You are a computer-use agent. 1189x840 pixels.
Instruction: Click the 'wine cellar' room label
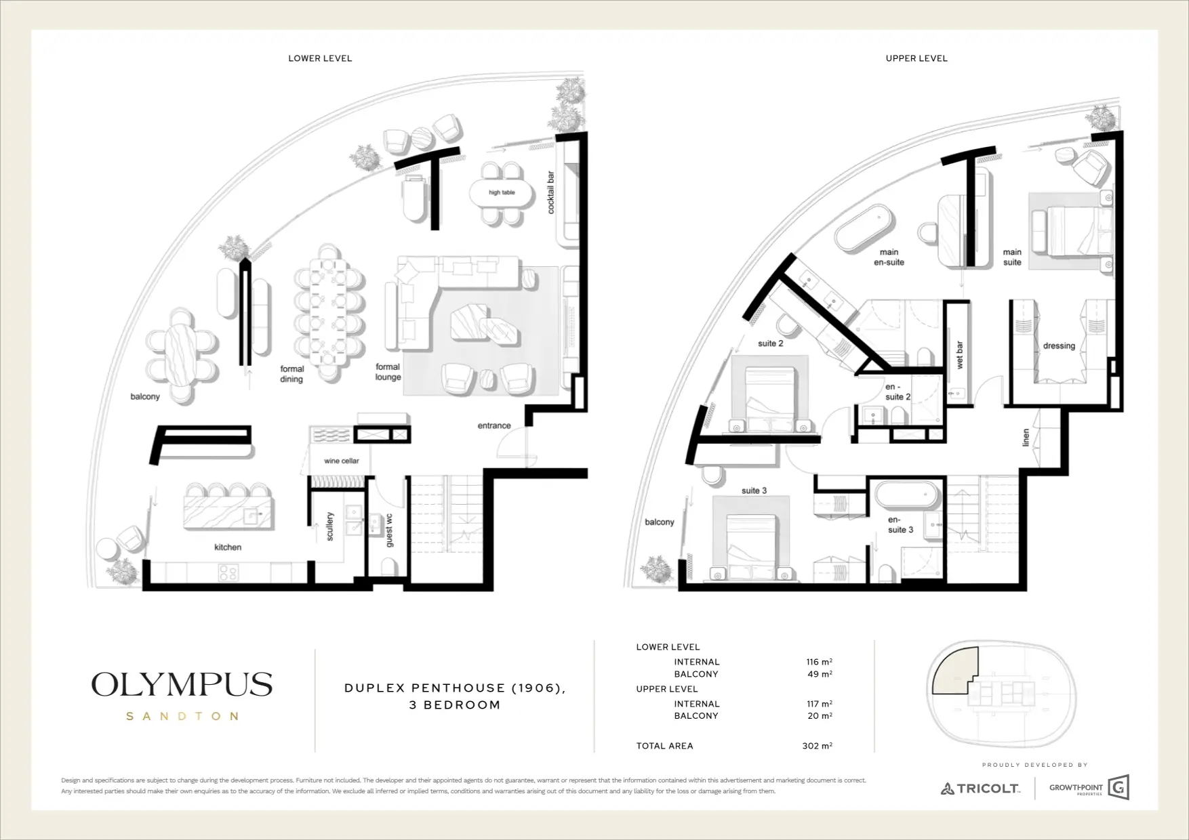[342, 461]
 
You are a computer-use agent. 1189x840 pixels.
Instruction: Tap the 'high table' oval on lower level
[502, 193]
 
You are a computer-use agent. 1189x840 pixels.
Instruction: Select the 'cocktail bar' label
[550, 192]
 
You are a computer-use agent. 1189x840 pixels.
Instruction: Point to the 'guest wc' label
[389, 530]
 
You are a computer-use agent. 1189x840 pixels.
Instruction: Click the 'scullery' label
[330, 526]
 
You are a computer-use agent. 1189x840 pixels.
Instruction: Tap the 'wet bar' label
[959, 355]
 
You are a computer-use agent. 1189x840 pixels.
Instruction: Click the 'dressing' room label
[1059, 345]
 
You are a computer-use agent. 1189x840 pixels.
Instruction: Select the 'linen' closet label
[1026, 438]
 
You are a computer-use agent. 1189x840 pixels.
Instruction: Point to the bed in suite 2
[769, 400]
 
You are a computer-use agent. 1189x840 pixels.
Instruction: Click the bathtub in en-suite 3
[907, 495]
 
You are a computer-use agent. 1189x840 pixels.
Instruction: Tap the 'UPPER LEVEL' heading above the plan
[916, 58]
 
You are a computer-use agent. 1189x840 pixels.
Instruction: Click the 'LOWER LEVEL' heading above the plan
[320, 58]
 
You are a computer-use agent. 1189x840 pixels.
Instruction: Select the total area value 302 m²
[817, 746]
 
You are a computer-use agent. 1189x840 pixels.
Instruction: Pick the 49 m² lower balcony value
[819, 674]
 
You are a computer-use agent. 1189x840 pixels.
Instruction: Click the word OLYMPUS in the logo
[182, 684]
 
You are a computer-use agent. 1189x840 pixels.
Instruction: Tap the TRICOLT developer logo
[980, 789]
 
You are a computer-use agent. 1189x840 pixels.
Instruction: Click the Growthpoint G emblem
[1119, 788]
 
